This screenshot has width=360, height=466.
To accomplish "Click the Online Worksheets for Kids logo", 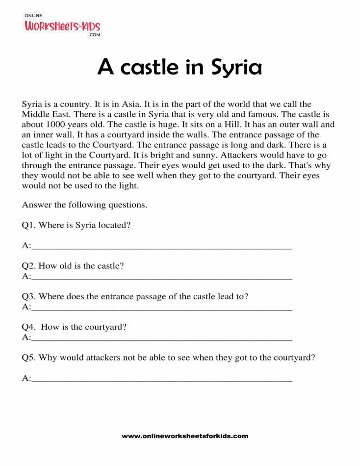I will [62, 26].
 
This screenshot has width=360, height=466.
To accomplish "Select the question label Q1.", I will [28, 225].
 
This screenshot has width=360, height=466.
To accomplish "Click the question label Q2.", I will [28, 266].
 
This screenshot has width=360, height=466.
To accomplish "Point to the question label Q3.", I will [28, 296].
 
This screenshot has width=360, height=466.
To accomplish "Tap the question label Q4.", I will [28, 327].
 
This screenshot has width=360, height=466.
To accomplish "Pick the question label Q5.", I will [28, 358].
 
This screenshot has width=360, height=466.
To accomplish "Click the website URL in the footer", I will [185, 436].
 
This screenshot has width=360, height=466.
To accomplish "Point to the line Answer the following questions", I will [84, 205].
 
